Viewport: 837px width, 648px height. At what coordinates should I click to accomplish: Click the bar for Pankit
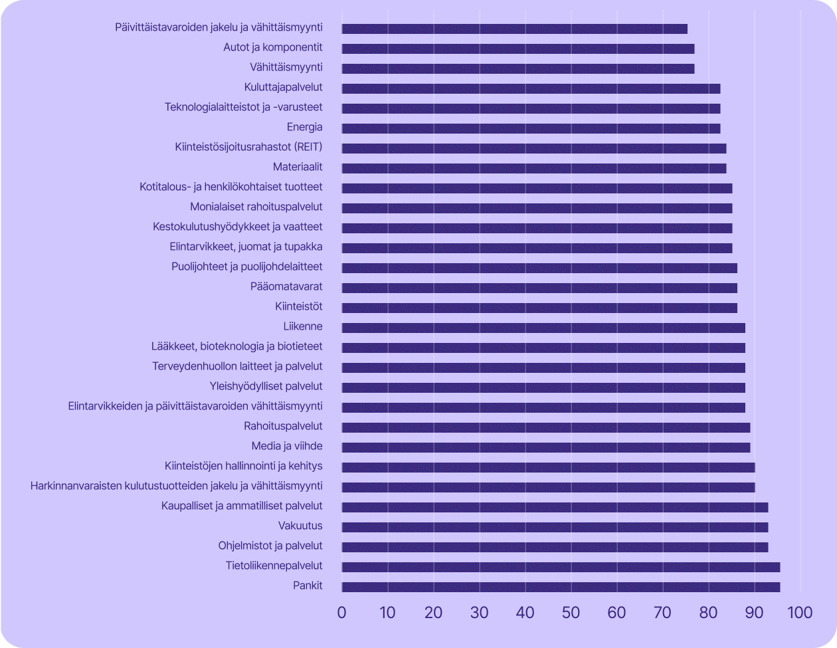pos(561,587)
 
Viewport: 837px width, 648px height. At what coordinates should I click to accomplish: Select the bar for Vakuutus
pos(555,527)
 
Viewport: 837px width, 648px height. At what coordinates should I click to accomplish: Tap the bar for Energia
pos(531,128)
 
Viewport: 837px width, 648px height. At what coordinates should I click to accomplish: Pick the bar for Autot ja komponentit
pos(518,49)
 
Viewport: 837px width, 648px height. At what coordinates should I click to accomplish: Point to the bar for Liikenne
pos(543,328)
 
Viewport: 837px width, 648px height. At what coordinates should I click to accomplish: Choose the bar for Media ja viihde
pos(546,447)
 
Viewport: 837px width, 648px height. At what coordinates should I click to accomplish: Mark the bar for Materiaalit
pos(534,168)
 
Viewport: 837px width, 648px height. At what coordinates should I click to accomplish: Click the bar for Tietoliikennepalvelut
pos(561,567)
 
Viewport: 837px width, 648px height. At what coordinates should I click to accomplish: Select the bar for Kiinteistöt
pos(539,308)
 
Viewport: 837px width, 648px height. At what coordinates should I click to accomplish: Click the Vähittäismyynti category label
pos(286,67)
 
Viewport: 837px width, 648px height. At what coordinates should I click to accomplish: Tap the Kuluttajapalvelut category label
pos(283,87)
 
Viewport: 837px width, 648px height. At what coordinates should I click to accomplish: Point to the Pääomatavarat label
pos(286,286)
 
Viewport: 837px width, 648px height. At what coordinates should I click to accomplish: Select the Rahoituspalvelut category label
pos(283,426)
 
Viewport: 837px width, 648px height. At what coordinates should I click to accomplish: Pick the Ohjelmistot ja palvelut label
pos(270,546)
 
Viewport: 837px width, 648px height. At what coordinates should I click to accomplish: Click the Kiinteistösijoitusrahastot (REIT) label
pos(248,147)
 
